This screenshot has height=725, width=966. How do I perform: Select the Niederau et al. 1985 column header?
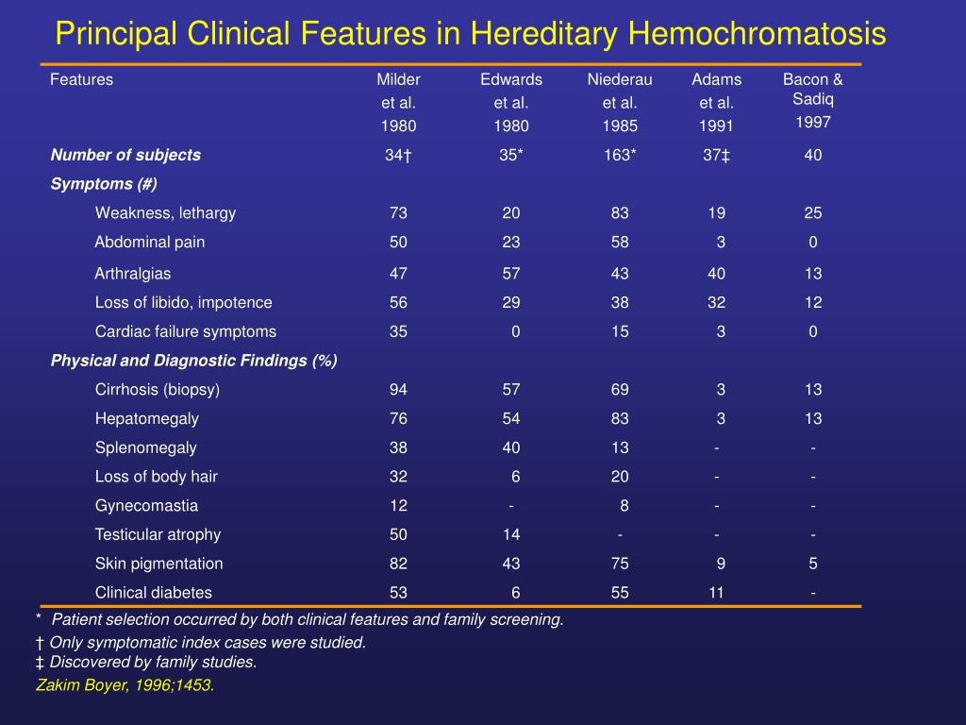point(620,102)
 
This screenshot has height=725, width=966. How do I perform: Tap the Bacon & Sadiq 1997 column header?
point(812,100)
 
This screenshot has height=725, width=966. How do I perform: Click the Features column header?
point(81,79)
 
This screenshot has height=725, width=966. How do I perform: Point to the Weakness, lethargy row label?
point(165,213)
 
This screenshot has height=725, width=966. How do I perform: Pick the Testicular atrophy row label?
point(158,534)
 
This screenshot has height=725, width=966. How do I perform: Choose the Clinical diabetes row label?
point(154,593)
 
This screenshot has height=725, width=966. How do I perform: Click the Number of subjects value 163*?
point(620,155)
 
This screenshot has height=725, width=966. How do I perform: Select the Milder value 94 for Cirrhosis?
point(398,389)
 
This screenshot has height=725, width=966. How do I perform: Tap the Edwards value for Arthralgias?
point(511,274)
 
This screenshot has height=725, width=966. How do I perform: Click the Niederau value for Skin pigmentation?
point(620,564)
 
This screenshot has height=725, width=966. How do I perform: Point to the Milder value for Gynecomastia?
point(398,505)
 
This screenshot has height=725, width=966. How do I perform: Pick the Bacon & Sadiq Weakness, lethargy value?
point(813,213)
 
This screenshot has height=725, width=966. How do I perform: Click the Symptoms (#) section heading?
point(104,183)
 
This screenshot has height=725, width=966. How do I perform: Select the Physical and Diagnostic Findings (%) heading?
point(193,361)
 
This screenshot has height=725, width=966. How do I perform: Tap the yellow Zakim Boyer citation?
point(125,685)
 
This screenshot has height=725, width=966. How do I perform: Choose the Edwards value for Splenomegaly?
point(511,447)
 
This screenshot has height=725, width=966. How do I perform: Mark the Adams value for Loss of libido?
point(717,303)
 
